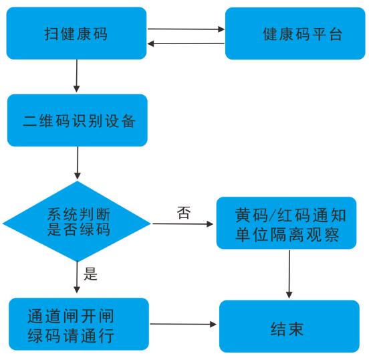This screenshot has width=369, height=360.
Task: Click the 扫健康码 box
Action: (x=76, y=33)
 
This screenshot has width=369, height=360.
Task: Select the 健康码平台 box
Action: (x=295, y=33)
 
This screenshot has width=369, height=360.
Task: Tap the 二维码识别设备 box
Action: (x=78, y=122)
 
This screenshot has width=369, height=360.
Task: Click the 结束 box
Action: (x=289, y=326)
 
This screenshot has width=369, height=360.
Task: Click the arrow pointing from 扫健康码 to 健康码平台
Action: (x=185, y=29)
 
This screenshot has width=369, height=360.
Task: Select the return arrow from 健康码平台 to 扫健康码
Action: (x=185, y=43)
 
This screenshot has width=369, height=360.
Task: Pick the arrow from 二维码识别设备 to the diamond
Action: (x=78, y=163)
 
